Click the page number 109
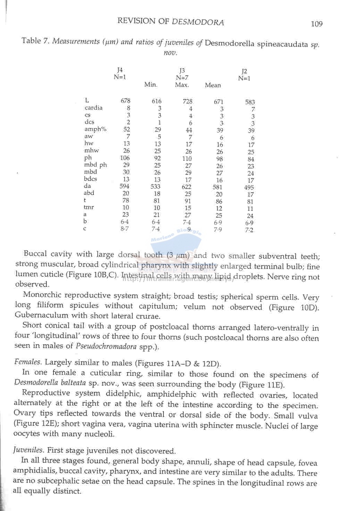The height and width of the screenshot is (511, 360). tap(317, 24)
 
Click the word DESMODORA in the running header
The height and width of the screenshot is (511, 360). tap(198, 22)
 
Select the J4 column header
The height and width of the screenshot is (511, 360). tap(120, 70)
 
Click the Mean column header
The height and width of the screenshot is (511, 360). tap(212, 85)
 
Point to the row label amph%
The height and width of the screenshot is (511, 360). tap(95, 129)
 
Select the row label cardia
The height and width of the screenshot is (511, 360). tap(94, 108)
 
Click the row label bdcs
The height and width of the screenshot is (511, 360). tap(91, 179)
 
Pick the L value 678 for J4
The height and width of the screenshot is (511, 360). tap(125, 101)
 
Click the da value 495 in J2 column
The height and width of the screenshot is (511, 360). tap(249, 187)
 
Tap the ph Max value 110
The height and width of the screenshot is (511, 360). tap(187, 159)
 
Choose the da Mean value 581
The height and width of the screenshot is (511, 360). tap(218, 187)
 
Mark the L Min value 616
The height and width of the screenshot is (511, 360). tap(157, 101)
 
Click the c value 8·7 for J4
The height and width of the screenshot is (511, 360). tap(125, 229)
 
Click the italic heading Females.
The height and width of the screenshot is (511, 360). tap(28, 362)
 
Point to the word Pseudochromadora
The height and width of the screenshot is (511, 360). tap(106, 346)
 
